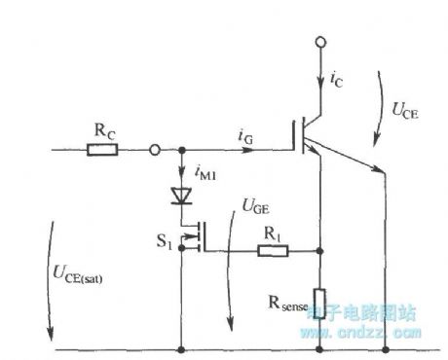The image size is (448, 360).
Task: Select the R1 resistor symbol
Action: (272, 250)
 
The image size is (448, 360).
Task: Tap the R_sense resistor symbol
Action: (319, 299)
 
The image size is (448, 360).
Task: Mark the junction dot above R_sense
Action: (319, 250)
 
